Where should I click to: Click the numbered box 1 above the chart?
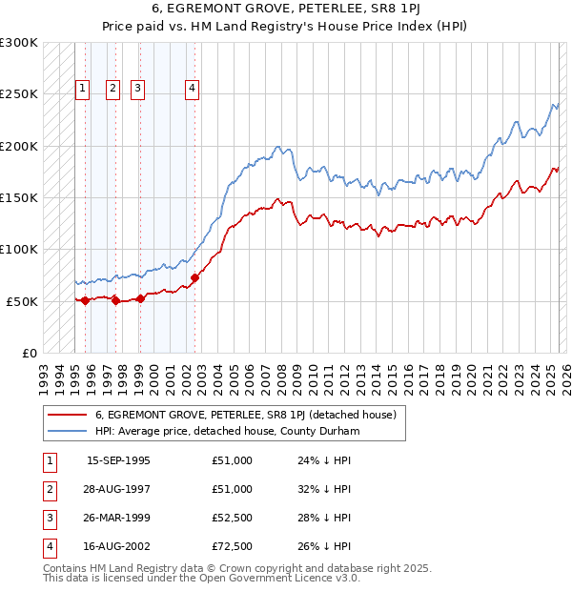pyautogui.click(x=83, y=90)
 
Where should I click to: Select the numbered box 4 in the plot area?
pyautogui.click(x=193, y=90)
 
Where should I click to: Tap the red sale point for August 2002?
pyautogui.click(x=194, y=278)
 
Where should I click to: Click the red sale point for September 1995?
pyautogui.click(x=85, y=300)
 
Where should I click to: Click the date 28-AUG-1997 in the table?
pyautogui.click(x=118, y=489)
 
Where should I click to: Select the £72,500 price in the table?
pyautogui.click(x=233, y=546)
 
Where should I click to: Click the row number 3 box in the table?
pyautogui.click(x=49, y=518)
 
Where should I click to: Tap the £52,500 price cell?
pyautogui.click(x=233, y=518)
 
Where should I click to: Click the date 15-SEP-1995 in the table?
pyautogui.click(x=118, y=460)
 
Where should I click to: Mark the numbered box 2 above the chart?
pyautogui.click(x=112, y=90)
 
